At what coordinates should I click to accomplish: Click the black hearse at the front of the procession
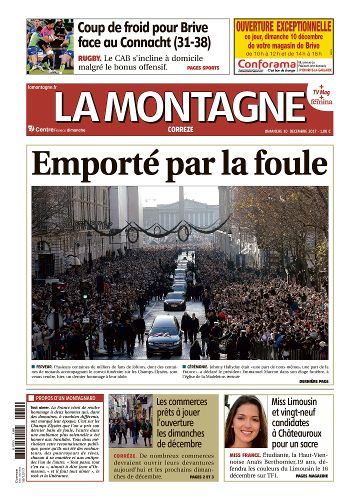164,332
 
